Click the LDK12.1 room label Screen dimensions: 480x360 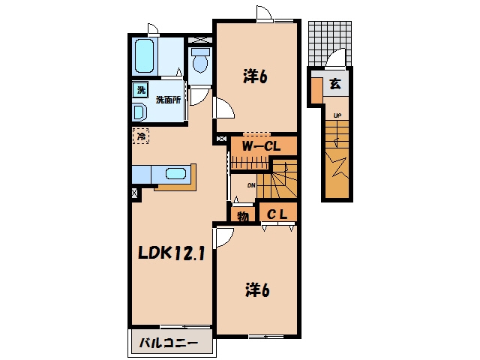click(x=171, y=253)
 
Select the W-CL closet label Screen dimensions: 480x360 click(x=261, y=147)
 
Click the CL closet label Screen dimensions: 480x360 click(x=277, y=214)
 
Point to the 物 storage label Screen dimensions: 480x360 click(x=243, y=217)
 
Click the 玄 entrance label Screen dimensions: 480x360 click(x=335, y=83)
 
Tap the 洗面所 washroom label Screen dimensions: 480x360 click(x=168, y=100)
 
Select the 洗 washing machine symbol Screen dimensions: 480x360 click(x=140, y=90)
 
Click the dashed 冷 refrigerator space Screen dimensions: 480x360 click(x=141, y=136)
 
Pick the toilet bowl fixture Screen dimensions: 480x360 click(x=200, y=60)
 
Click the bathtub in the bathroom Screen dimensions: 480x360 click(x=145, y=56)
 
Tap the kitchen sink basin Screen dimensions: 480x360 click(x=176, y=173)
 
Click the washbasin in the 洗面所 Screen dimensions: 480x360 click(x=140, y=112)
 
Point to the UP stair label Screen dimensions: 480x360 click(x=337, y=115)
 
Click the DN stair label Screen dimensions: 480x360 click(x=251, y=185)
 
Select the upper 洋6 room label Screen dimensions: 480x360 click(x=255, y=76)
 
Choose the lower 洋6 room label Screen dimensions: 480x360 click(x=257, y=290)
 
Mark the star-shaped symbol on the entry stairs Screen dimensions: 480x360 click(x=337, y=167)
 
